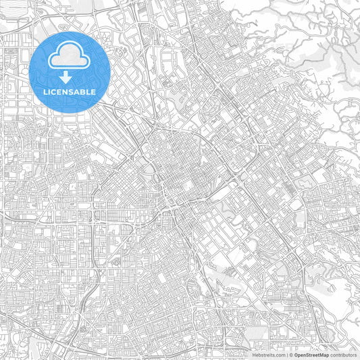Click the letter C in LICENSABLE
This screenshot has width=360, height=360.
click(x=53, y=92)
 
